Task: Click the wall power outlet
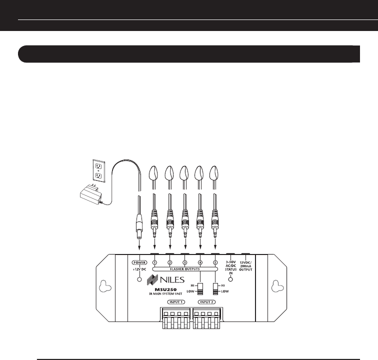coord(98,170)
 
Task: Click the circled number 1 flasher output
coord(155,262)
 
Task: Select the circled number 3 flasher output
coord(185,262)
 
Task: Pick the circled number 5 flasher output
coord(215,262)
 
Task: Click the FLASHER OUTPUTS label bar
coord(185,268)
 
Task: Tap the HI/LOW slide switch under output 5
coord(215,289)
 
